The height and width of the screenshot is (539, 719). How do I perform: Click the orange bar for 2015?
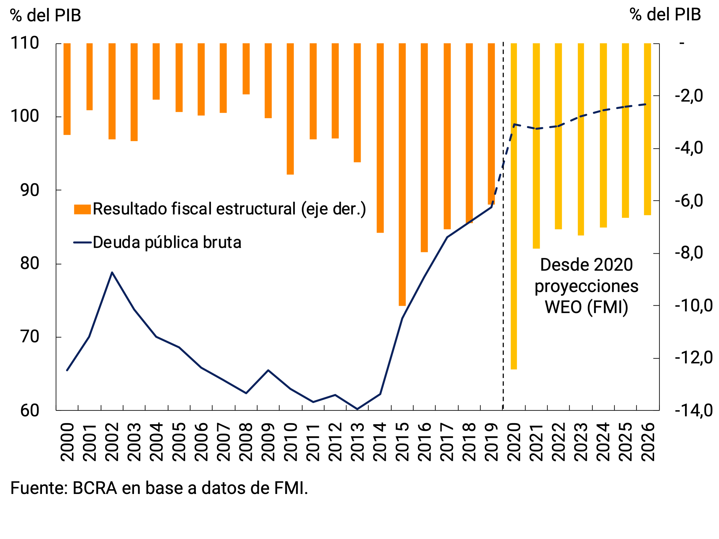402,174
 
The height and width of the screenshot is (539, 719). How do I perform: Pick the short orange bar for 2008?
246,69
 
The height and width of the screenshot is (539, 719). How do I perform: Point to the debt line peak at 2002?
112,272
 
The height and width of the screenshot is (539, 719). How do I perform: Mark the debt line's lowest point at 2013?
357,409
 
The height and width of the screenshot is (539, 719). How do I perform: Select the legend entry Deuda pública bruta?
167,242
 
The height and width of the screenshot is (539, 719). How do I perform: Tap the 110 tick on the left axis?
25,43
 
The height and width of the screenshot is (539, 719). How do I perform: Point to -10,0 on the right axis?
693,305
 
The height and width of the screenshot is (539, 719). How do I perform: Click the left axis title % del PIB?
46,15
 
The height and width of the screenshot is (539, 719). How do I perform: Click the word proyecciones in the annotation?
586,286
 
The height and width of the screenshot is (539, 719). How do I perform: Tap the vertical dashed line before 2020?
503,292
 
